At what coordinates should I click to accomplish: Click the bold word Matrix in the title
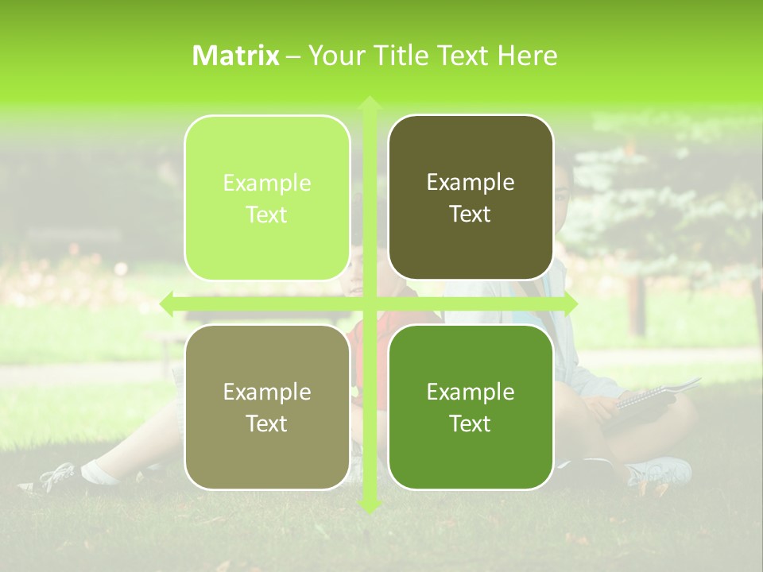click(x=236, y=56)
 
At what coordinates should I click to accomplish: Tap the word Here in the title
click(x=528, y=56)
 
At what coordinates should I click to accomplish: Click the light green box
click(x=267, y=198)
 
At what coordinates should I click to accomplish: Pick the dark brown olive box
click(x=471, y=198)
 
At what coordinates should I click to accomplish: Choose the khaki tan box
click(x=267, y=407)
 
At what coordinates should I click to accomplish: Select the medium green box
click(x=471, y=407)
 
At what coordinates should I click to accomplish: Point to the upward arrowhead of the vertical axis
click(x=369, y=102)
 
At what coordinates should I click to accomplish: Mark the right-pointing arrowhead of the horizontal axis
click(x=570, y=303)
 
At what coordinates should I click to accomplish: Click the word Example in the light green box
click(x=267, y=184)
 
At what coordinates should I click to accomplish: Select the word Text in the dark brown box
click(x=471, y=214)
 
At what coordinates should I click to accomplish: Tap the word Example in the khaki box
click(x=267, y=392)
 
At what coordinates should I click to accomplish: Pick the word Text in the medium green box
click(x=471, y=423)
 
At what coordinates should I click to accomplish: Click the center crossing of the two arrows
click(x=369, y=303)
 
